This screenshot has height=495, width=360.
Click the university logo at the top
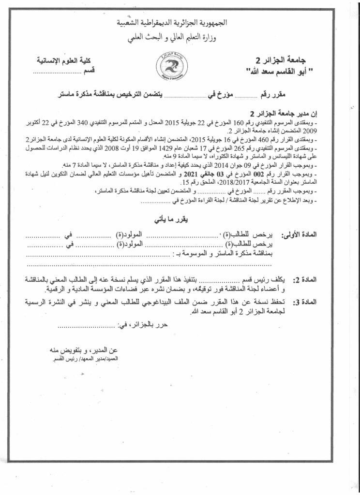pos(174,64)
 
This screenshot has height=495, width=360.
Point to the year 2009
pos(309,130)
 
